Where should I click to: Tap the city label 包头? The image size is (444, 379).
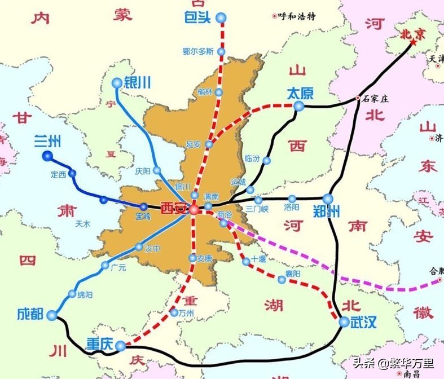197,18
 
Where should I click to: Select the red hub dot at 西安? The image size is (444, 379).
194,209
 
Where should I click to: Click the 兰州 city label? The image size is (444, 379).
47,140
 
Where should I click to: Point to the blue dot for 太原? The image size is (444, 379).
299,105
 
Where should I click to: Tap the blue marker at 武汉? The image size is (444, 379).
344,322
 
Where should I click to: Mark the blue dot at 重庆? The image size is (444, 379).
121,345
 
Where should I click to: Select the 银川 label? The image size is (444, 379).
137,82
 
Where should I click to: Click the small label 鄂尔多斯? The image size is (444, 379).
198,51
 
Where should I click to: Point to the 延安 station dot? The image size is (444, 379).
209,144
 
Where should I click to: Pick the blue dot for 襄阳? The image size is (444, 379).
282,279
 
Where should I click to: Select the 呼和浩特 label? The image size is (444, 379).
297,16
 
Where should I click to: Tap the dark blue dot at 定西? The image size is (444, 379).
72,173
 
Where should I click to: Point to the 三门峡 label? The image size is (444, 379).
257,209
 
